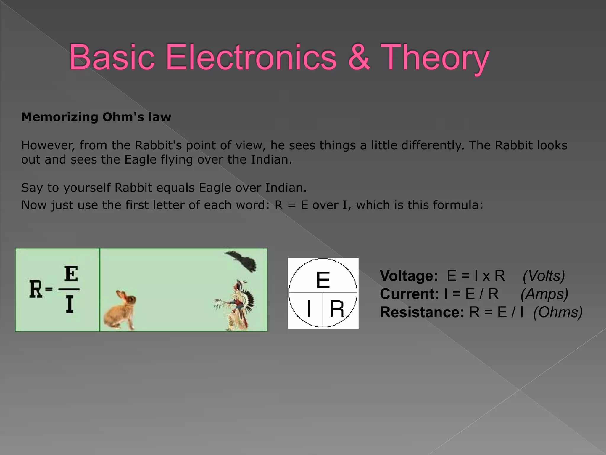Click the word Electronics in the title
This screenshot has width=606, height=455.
pos(251,57)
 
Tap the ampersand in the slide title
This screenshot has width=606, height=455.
pos(359,57)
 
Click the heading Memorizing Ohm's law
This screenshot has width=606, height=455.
pos(96,117)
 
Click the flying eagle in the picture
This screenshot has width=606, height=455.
pos(242,261)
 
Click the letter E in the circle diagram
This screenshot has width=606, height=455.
pos(323,280)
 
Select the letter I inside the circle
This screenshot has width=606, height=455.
pos(309,308)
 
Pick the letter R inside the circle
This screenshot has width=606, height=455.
pos(337,309)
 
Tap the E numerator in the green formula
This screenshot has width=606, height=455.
pos(71,274)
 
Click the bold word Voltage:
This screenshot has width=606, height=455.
pos(409,276)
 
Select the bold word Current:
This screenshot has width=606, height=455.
pos(409,294)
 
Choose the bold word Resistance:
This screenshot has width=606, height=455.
pos(422,312)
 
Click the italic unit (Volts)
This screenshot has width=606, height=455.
pos(544,276)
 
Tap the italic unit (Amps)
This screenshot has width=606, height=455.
pos(544,294)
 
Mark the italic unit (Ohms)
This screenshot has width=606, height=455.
pos(558,312)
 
